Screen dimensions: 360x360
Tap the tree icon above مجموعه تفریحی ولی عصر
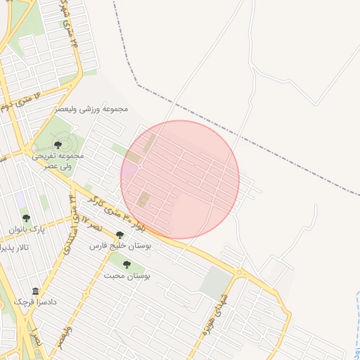pyautogui.click(x=58, y=144)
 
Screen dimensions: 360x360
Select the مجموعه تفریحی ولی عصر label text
pyautogui.click(x=58, y=160)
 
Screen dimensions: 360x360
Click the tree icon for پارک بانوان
pyautogui.click(x=27, y=219)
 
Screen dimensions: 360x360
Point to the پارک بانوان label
pyautogui.click(x=27, y=230)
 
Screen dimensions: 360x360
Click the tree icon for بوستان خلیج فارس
pyautogui.click(x=120, y=235)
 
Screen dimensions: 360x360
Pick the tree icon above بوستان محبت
pyautogui.click(x=127, y=264)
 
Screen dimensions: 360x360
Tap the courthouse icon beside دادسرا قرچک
pyautogui.click(x=35, y=290)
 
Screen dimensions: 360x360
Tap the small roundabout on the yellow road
pyautogui.click(x=240, y=271)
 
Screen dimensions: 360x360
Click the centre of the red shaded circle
pyautogui.click(x=180, y=179)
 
